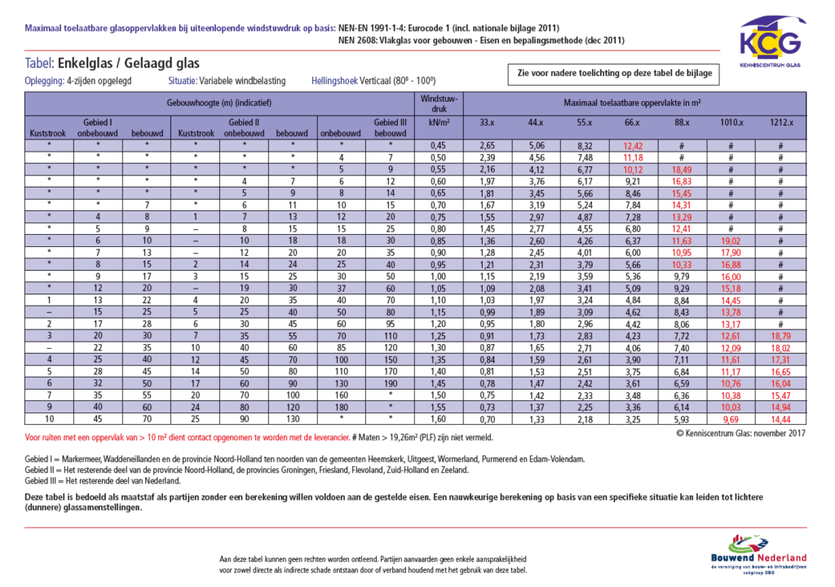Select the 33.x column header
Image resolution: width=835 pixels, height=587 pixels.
(x=487, y=122)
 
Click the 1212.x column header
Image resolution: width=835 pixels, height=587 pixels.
(x=780, y=122)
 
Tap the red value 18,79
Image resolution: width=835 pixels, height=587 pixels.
(x=780, y=335)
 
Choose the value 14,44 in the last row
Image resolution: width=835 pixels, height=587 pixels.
(x=780, y=418)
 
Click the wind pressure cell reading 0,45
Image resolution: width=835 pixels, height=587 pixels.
(x=439, y=145)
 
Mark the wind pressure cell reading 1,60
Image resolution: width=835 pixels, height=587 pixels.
(x=439, y=418)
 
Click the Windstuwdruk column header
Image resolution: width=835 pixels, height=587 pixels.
(x=439, y=110)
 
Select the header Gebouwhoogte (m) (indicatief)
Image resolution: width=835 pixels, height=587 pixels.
(x=219, y=104)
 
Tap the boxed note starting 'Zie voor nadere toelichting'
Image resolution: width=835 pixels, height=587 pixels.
(x=613, y=73)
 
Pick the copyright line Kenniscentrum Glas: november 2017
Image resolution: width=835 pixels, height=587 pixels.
(x=740, y=434)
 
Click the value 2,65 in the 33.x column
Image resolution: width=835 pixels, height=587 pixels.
(x=487, y=145)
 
